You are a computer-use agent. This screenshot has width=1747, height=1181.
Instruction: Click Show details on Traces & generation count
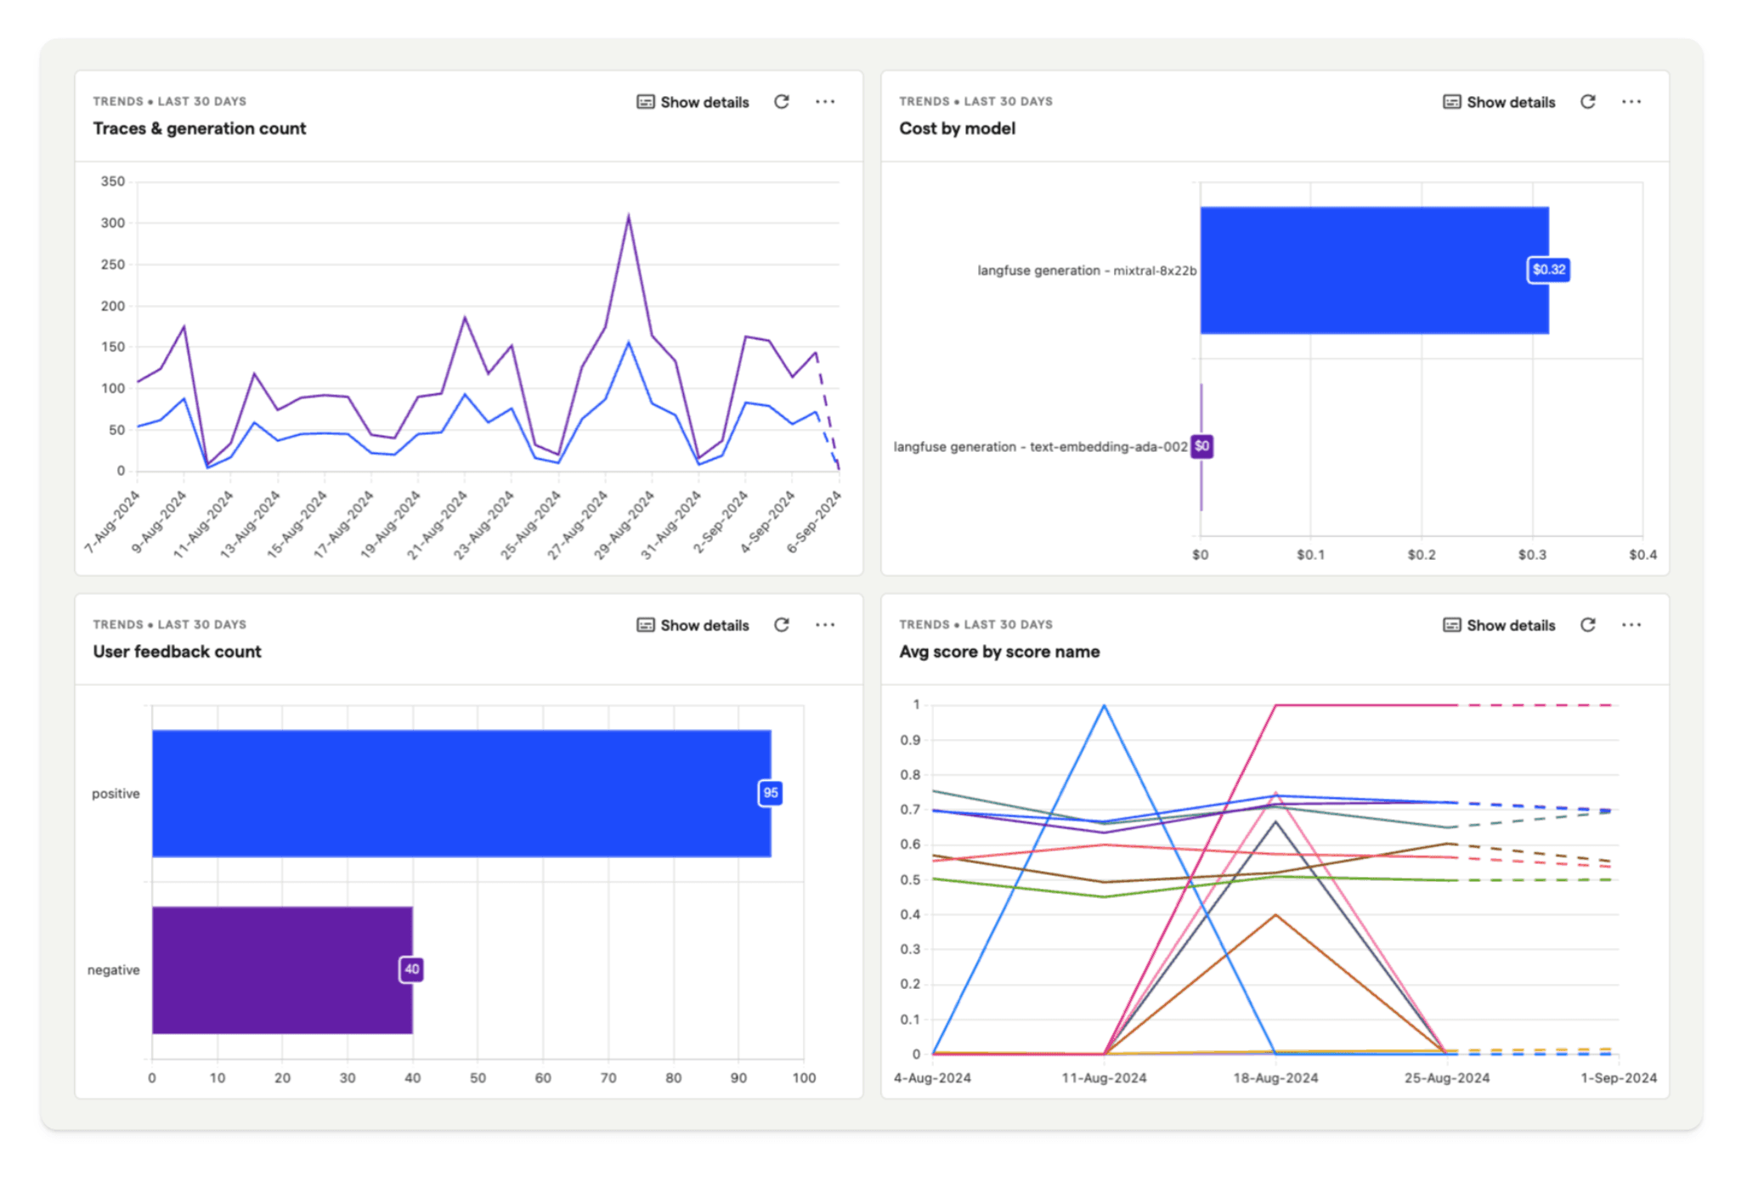(x=693, y=102)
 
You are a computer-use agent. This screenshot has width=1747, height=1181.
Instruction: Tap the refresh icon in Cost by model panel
(x=1587, y=102)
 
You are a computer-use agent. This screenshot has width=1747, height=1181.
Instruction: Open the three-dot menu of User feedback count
(x=824, y=625)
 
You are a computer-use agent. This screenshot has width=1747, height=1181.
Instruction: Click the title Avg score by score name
(x=999, y=652)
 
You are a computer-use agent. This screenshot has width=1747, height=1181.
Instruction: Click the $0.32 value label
(x=1547, y=270)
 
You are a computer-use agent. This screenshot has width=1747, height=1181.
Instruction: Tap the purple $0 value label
(x=1201, y=446)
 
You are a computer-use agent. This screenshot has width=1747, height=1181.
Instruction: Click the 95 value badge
(x=770, y=793)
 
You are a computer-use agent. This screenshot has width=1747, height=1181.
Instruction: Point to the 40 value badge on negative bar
(x=411, y=969)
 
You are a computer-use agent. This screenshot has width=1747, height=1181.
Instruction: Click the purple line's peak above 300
(x=629, y=217)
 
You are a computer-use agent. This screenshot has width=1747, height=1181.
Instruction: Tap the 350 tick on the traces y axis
(x=113, y=181)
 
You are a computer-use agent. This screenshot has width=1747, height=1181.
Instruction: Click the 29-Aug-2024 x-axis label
(x=625, y=525)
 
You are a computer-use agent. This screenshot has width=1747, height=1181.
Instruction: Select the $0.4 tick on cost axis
(x=1642, y=555)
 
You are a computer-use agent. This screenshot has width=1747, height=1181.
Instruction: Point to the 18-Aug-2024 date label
(x=1275, y=1078)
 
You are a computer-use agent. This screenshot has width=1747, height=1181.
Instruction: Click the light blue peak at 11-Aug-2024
(x=1104, y=706)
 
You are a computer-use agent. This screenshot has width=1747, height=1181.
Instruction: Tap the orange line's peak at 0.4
(x=1275, y=915)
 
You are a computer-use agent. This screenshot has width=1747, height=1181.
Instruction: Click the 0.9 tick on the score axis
(x=910, y=740)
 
